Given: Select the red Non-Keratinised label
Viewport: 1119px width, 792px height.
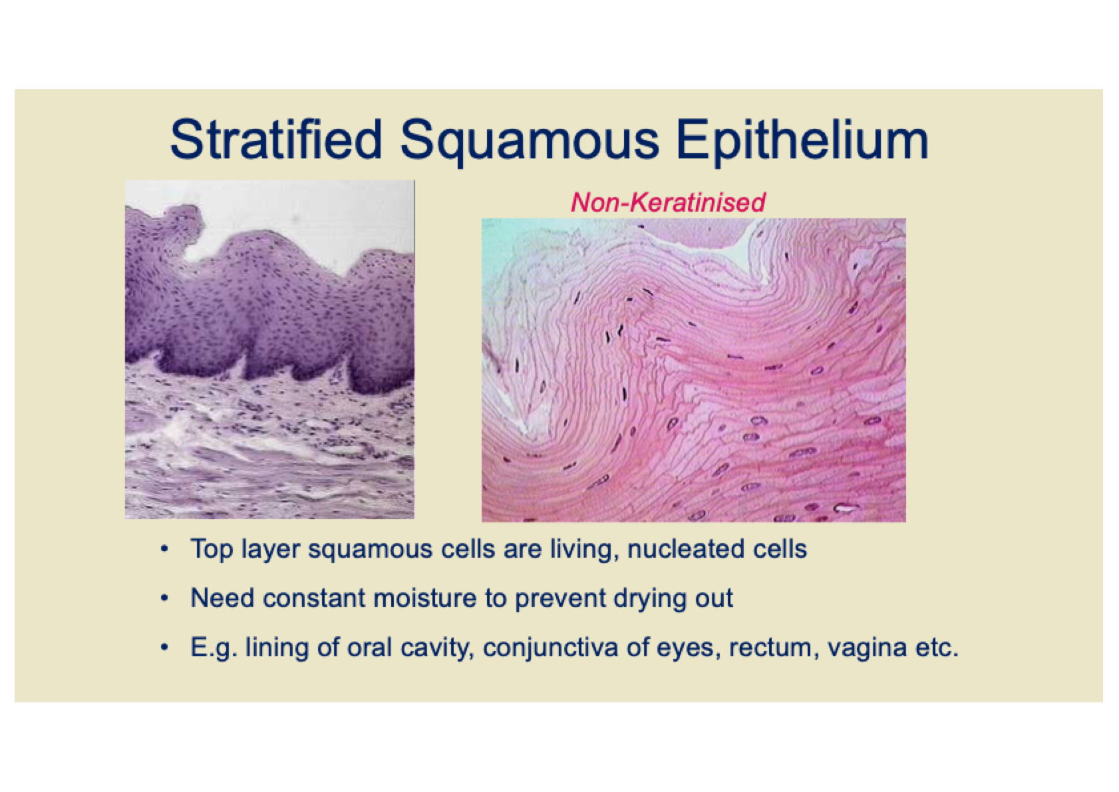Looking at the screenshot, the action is (668, 202).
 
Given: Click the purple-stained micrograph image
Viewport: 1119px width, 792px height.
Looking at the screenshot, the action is (269, 349).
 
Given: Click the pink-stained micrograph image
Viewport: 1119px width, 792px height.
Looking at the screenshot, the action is (693, 370).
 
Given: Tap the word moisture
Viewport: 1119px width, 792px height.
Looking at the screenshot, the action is (424, 598).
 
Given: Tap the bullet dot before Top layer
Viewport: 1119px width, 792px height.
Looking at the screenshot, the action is (164, 550).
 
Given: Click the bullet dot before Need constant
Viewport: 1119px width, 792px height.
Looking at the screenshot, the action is (164, 598).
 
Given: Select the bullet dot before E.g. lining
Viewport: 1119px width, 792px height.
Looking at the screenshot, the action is (164, 648).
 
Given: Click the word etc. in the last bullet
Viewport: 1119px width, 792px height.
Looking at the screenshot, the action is (937, 649).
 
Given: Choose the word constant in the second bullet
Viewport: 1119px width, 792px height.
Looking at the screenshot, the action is (314, 598).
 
